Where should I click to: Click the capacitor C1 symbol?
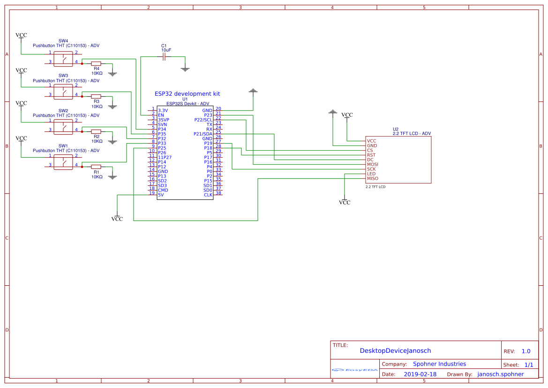tap(164, 57)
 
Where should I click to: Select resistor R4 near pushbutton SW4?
tap(96, 63)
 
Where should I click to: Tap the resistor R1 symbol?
tap(96, 167)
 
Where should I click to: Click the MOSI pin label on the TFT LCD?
tap(373, 164)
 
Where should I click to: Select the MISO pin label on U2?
tap(373, 178)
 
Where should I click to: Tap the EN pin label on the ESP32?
tap(161, 115)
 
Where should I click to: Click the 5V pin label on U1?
tap(161, 195)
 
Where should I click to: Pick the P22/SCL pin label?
tap(203, 120)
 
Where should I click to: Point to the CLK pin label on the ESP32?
tap(208, 195)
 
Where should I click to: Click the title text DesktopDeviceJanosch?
tap(395, 350)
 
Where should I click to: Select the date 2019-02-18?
tap(420, 374)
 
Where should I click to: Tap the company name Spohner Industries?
tap(439, 364)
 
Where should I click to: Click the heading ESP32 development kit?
tap(187, 94)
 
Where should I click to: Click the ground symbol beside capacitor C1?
tap(185, 69)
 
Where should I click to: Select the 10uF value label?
tap(166, 50)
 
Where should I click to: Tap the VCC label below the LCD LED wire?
tap(345, 203)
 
